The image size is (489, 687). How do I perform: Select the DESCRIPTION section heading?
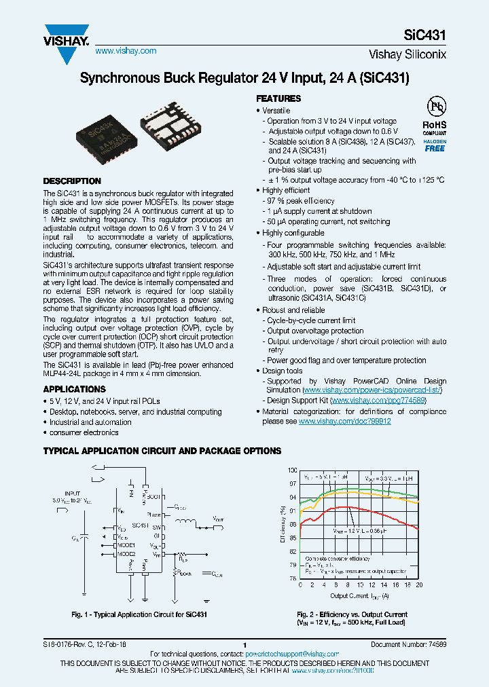pos(72,181)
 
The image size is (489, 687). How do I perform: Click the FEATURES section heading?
pos(278,98)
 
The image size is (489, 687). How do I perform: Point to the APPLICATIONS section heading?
pos(75,389)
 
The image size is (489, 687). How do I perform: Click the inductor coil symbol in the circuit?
pos(185,522)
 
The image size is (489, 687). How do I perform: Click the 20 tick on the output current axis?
pos(419,584)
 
